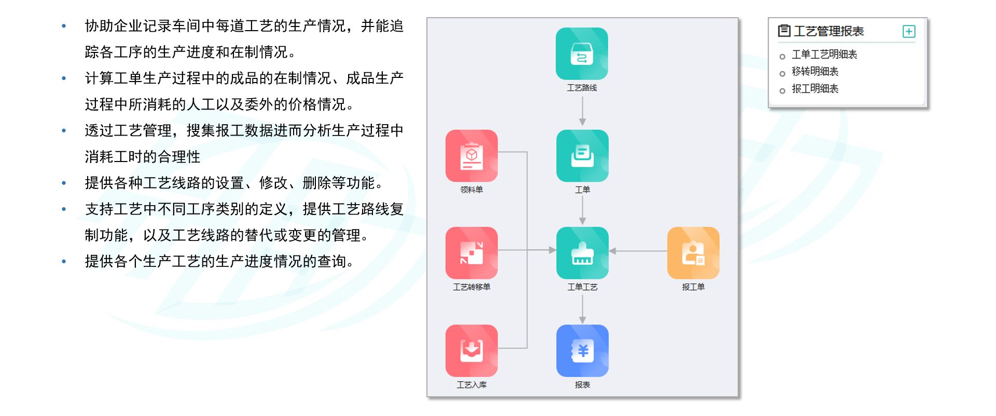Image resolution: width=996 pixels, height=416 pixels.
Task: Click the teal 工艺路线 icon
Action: click(582, 53)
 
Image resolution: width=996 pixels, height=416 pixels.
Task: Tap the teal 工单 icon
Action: click(582, 155)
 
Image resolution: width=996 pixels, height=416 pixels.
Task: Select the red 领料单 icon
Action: click(471, 155)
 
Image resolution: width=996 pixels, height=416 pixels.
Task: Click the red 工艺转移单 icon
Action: click(471, 253)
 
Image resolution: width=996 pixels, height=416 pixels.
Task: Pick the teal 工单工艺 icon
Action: click(582, 253)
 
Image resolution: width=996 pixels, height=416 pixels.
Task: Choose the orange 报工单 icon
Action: click(693, 253)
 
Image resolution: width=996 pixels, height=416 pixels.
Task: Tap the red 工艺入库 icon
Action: click(471, 351)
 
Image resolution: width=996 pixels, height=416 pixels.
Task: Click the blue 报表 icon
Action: click(582, 351)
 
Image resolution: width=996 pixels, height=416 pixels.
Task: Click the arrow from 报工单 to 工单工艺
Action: click(638, 251)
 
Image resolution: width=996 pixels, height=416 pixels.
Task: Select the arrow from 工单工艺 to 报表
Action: click(582, 310)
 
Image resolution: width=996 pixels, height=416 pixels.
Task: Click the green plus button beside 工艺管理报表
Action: click(909, 32)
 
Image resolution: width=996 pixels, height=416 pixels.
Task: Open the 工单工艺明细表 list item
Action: click(824, 55)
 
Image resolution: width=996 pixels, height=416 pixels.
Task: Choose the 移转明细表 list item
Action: click(814, 72)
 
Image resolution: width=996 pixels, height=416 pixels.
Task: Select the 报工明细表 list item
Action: click(814, 89)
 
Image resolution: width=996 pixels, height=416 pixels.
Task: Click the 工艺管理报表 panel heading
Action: click(828, 32)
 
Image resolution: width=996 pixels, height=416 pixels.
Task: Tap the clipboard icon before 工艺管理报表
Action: click(784, 31)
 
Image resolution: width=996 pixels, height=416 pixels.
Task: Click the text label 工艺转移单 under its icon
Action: click(471, 287)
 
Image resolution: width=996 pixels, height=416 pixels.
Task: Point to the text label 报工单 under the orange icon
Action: click(693, 287)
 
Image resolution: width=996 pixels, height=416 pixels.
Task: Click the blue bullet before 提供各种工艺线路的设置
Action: click(64, 183)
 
